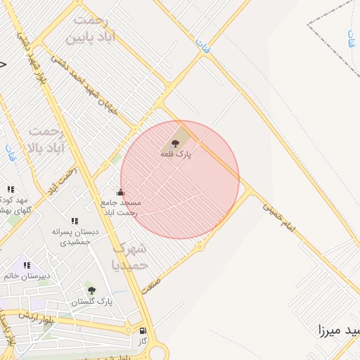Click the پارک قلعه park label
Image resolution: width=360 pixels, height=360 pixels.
pyautogui.click(x=176, y=153)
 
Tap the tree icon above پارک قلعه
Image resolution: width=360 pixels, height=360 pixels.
pyautogui.click(x=176, y=143)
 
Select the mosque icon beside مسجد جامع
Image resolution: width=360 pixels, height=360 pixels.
pyautogui.click(x=120, y=192)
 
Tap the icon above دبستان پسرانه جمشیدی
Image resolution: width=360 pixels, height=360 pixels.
pyautogui.click(x=75, y=221)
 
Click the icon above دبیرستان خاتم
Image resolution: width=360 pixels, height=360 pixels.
pyautogui.click(x=27, y=265)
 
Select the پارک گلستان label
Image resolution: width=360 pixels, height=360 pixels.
pyautogui.click(x=91, y=302)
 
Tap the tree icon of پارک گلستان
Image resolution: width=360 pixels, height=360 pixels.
pyautogui.click(x=91, y=290)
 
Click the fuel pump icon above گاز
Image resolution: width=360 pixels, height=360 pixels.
pyautogui.click(x=143, y=330)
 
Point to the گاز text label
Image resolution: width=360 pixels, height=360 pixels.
pyautogui.click(x=143, y=340)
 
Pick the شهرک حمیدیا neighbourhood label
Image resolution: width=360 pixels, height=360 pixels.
pyautogui.click(x=129, y=257)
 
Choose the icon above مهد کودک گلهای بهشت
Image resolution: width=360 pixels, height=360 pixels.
pyautogui.click(x=11, y=189)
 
